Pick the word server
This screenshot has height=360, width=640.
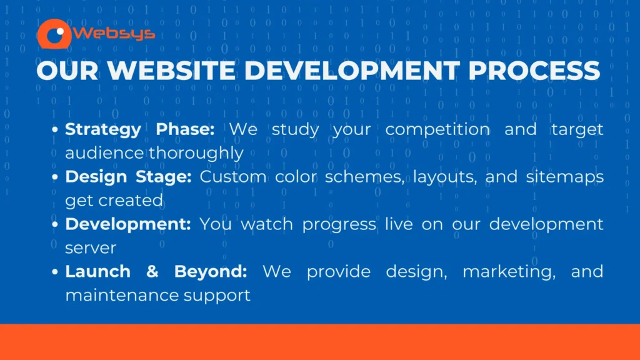click(x=91, y=248)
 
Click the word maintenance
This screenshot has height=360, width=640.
click(x=122, y=295)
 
